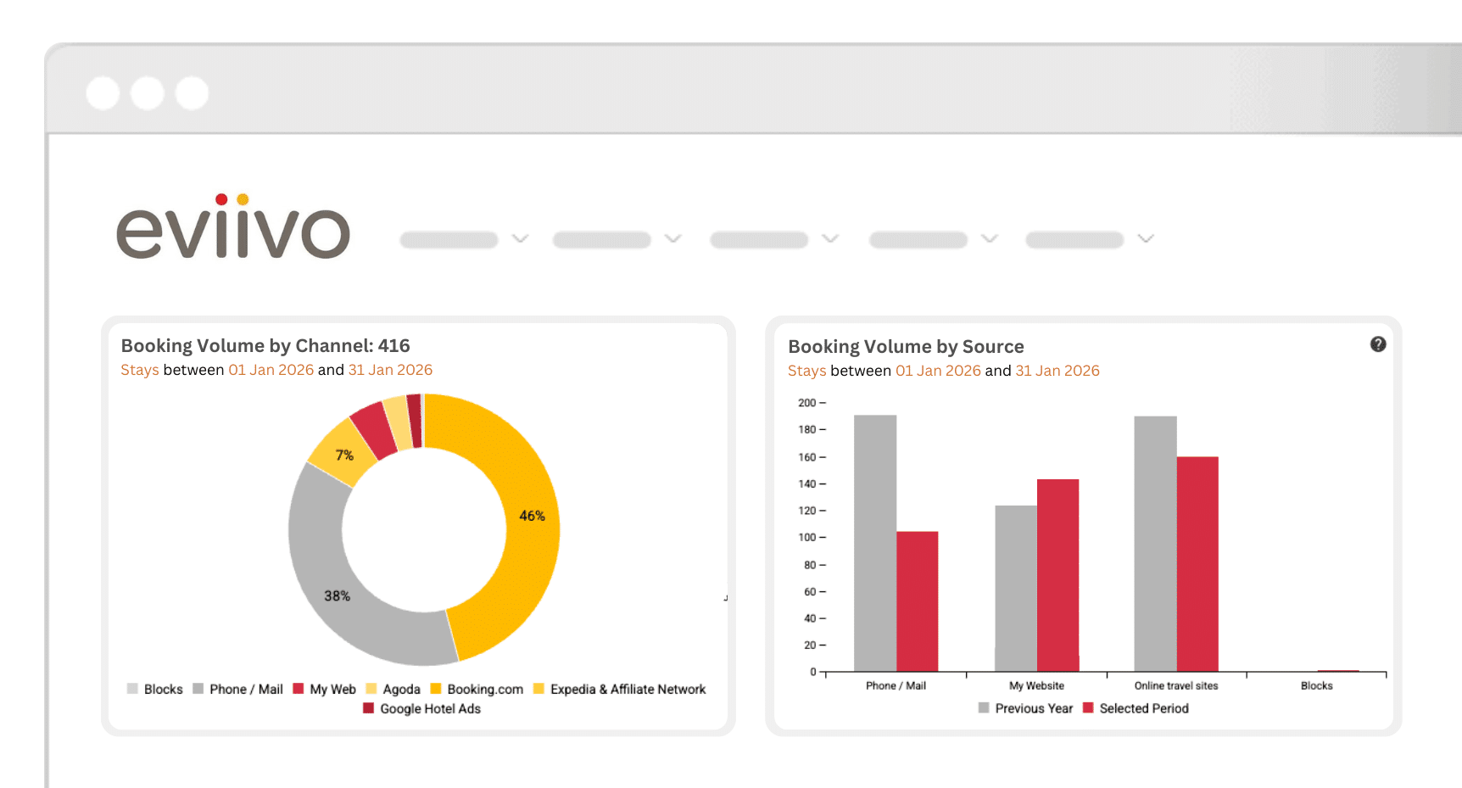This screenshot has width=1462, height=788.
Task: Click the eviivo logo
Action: click(233, 228)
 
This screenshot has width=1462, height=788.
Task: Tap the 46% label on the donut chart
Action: click(532, 516)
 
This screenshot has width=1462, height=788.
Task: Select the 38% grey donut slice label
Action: click(337, 596)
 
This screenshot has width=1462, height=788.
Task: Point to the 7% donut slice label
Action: click(344, 455)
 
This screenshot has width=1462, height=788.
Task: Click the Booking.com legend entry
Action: click(477, 689)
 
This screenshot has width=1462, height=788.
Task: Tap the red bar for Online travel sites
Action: click(1197, 564)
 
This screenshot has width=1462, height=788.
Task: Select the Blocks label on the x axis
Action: click(1316, 685)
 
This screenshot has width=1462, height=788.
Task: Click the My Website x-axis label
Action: click(1036, 685)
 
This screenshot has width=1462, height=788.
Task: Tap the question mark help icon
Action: click(1378, 344)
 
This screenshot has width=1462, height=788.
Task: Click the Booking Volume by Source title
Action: click(906, 346)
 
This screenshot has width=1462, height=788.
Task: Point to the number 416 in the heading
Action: click(393, 345)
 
